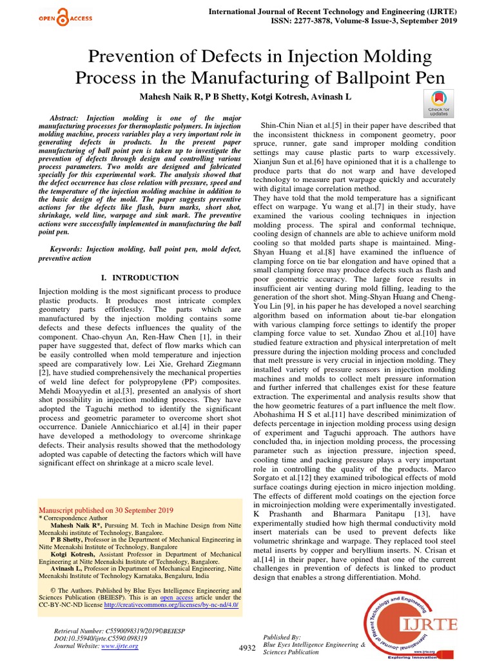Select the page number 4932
click(247, 647)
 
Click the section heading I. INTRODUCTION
click(141, 278)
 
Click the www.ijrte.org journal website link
click(121, 646)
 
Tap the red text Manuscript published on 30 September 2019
click(106, 509)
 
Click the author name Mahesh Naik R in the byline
click(169, 96)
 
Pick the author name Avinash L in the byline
click(333, 96)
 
